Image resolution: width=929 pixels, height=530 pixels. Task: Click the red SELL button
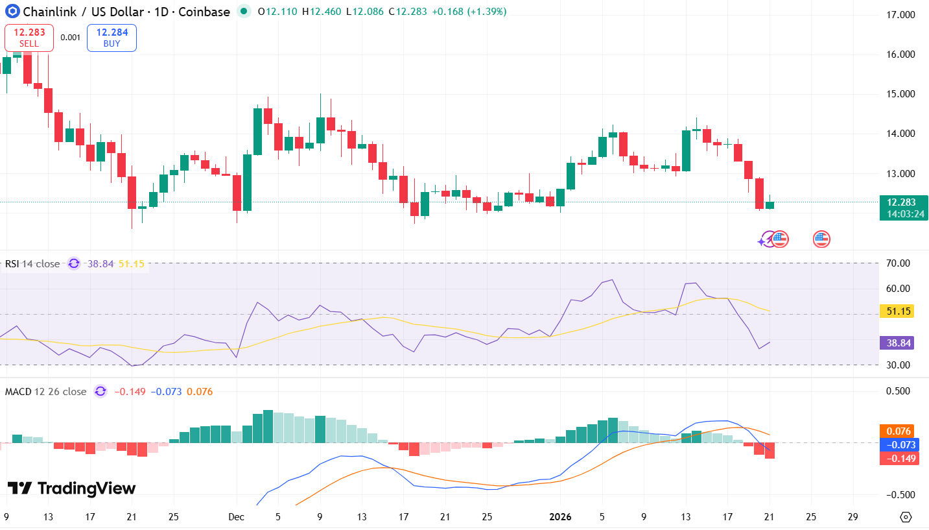click(29, 38)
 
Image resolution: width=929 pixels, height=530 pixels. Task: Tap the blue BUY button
click(112, 38)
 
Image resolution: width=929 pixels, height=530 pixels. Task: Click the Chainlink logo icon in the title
click(10, 12)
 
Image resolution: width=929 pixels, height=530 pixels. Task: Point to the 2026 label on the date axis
click(559, 517)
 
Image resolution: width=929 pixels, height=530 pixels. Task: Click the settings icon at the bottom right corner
click(906, 517)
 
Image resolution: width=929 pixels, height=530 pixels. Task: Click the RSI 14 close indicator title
click(32, 264)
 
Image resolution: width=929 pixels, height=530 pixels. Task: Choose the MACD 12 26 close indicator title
click(45, 392)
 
